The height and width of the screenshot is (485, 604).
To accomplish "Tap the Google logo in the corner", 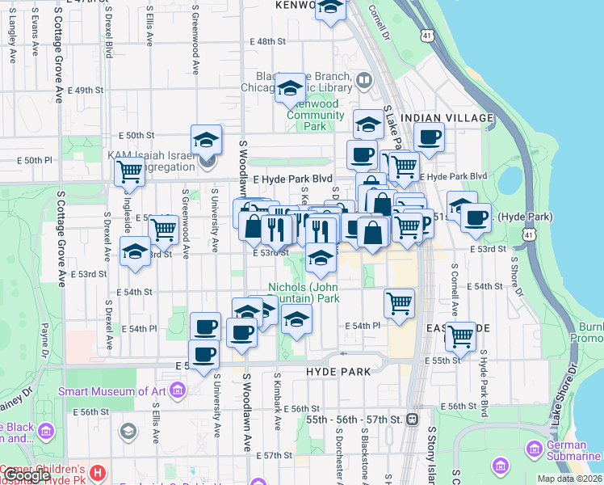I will (x=26, y=475).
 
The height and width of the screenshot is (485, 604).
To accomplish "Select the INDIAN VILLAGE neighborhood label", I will (x=447, y=118).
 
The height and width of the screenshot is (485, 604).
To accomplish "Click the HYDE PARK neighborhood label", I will (x=338, y=372).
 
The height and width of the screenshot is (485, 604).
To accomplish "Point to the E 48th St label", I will (x=268, y=40).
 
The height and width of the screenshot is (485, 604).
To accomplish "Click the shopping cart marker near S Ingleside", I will (x=128, y=172).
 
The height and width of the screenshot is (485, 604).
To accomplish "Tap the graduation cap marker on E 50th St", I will (x=206, y=140).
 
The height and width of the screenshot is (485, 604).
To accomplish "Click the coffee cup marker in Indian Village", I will (x=430, y=137).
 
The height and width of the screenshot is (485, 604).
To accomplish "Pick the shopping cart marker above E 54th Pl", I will (x=399, y=304).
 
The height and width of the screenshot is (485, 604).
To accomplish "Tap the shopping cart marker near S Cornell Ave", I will (x=460, y=336).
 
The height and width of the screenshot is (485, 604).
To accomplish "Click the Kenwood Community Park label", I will (x=316, y=116).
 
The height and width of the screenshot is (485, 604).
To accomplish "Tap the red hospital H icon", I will (x=98, y=471).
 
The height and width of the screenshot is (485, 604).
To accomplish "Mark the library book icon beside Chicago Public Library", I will (x=363, y=81).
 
